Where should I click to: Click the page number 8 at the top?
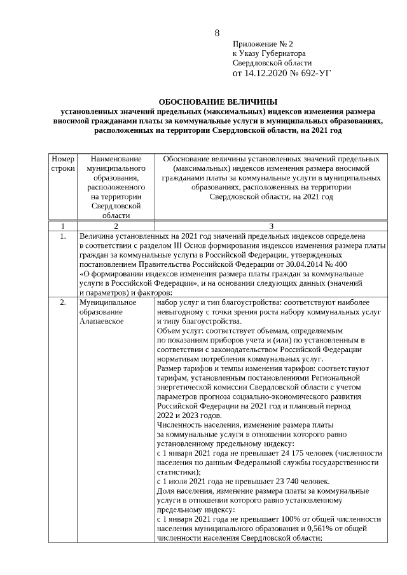point(217,32)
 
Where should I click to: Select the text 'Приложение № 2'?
point(263,44)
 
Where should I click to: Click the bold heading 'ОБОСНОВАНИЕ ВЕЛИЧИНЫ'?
point(218,101)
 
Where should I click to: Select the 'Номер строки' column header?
point(62,164)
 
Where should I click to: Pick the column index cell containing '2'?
point(116,226)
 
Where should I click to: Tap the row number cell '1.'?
point(62,236)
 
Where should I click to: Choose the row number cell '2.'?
point(62,302)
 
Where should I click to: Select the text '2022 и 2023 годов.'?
point(189,416)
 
